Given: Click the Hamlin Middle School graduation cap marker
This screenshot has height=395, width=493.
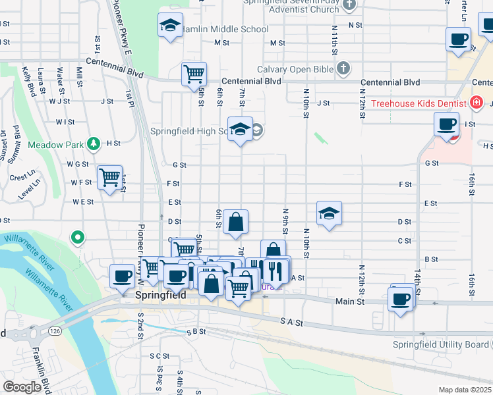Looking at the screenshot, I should tap(171, 26).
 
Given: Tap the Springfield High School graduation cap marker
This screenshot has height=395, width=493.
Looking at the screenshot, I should tap(241, 129).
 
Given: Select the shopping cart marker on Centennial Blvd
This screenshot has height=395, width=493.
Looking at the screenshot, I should tap(194, 74).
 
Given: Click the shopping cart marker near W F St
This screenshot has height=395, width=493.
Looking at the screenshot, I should tap(109, 177).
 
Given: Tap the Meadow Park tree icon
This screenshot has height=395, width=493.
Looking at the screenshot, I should tap(94, 143).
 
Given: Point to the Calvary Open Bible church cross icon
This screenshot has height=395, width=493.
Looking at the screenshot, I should tap(343, 68).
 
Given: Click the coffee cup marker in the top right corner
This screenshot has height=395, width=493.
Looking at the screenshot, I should tap(458, 39).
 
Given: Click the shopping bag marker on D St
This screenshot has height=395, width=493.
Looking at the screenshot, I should tap(235, 223).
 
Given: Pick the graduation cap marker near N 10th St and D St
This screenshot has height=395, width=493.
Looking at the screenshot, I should tap(329, 213).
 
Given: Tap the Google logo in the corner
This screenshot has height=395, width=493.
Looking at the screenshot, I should tap(22, 387).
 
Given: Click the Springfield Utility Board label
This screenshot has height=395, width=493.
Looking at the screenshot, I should tap(440, 344).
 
